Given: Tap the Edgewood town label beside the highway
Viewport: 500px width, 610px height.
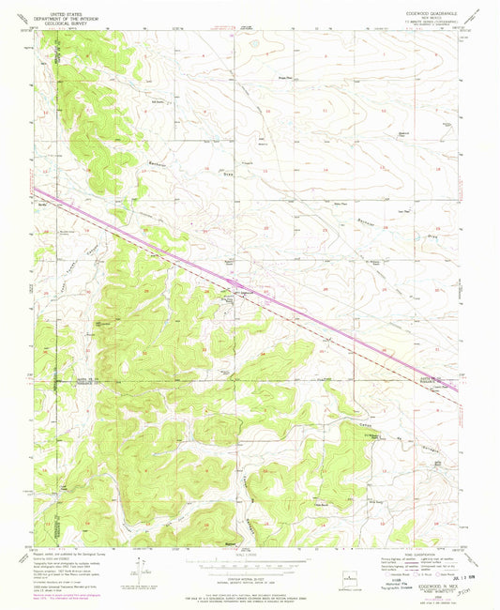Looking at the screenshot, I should click(x=243, y=291).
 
